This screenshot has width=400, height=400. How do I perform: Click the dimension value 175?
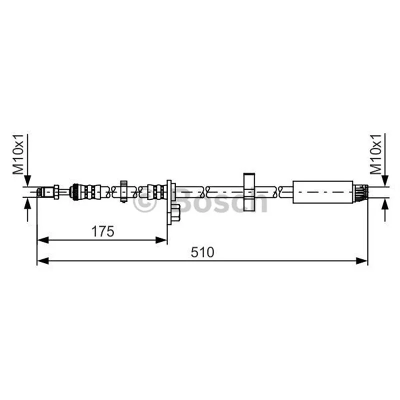[x=102, y=231]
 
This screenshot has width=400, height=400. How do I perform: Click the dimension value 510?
[x=202, y=252]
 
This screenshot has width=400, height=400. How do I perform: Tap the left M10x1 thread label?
[x=18, y=154]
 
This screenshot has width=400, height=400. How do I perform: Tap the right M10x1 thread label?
[x=376, y=154]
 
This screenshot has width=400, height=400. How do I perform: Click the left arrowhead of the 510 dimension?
[x=43, y=260]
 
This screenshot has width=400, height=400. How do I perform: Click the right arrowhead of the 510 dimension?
[x=361, y=260]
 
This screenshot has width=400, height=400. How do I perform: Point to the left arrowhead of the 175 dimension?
[x=43, y=240]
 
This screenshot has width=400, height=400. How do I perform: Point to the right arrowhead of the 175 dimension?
[x=161, y=240]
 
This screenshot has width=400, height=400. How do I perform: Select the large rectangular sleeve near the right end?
[x=322, y=192]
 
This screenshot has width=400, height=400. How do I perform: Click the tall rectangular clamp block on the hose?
[x=249, y=192]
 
